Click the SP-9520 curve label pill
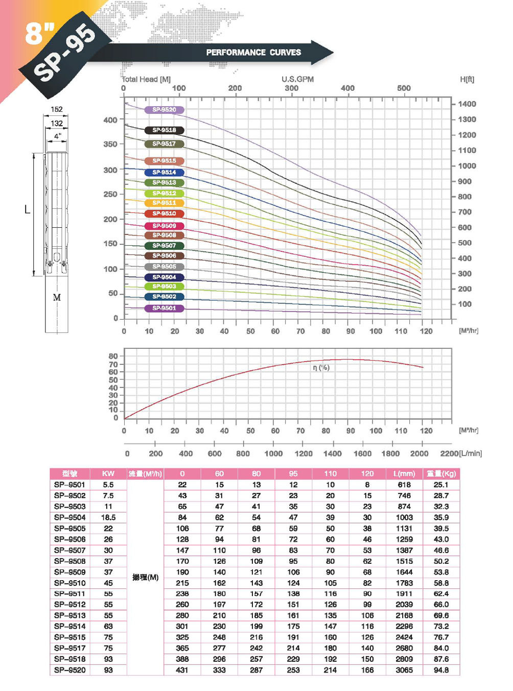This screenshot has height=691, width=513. (x=164, y=110)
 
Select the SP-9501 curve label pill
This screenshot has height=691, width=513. (x=164, y=308)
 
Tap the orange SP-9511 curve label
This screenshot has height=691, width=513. (x=164, y=203)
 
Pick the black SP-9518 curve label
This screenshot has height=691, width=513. (x=164, y=130)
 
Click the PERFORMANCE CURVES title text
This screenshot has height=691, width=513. (x=253, y=52)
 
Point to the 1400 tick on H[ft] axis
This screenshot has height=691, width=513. (x=467, y=104)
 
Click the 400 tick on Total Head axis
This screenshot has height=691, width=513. (x=110, y=120)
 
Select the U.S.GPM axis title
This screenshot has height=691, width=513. (x=297, y=79)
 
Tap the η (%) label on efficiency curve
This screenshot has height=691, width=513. (x=321, y=368)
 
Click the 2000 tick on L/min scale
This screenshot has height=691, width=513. (x=419, y=454)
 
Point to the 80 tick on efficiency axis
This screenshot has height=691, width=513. (x=113, y=356)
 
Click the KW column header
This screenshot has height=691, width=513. (x=108, y=473)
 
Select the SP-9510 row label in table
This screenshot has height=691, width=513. (x=70, y=583)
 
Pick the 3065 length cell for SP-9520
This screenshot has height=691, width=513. (x=404, y=670)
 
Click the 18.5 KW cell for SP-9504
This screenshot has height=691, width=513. (x=108, y=517)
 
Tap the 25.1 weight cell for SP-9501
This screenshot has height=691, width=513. (x=441, y=485)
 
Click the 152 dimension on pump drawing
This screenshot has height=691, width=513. (x=57, y=109)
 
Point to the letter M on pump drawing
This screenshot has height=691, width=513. (x=57, y=297)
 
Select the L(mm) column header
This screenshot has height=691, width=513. (x=404, y=473)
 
